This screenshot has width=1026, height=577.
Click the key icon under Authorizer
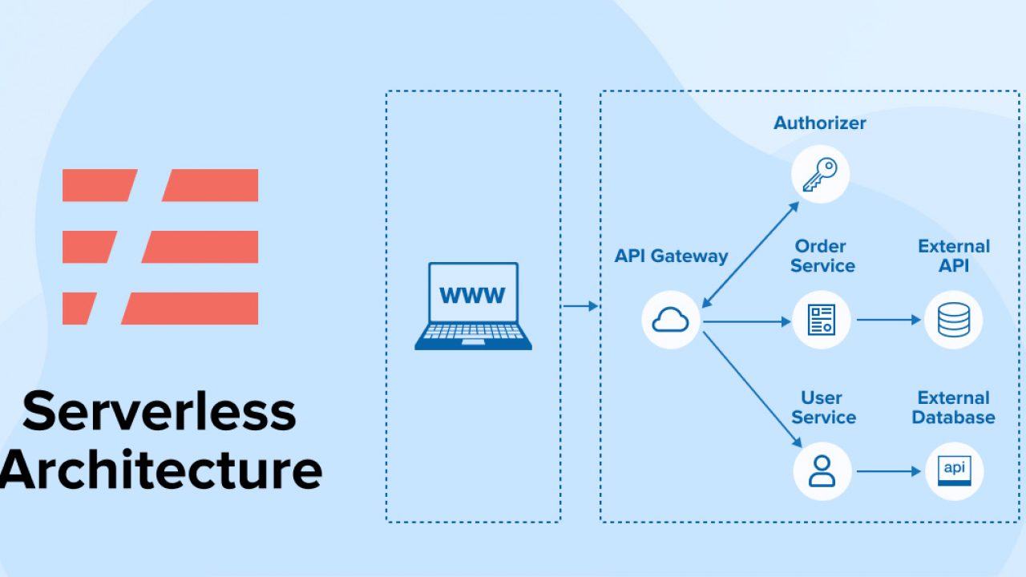[x=820, y=174]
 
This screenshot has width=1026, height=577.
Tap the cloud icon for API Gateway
[x=671, y=321]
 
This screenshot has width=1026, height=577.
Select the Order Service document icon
[x=821, y=320]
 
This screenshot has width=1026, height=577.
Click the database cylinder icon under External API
[x=953, y=320]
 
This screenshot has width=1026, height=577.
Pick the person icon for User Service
[x=822, y=470]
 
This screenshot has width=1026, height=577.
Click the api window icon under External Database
[x=954, y=470]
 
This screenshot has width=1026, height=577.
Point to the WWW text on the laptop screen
[x=472, y=295]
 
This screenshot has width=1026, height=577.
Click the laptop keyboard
[x=473, y=333]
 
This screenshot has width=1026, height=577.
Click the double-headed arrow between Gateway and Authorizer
[x=750, y=254]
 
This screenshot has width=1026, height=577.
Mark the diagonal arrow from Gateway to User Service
[x=752, y=389]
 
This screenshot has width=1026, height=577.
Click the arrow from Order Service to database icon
[x=889, y=320]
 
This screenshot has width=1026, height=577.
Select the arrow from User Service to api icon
[x=889, y=471]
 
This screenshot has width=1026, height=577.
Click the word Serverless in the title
[x=159, y=410]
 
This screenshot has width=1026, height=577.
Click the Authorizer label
[x=819, y=123]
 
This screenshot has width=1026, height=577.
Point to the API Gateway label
[x=671, y=256]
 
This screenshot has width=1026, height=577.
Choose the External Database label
[x=953, y=407]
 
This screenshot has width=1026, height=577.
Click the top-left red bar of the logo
[x=96, y=185]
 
